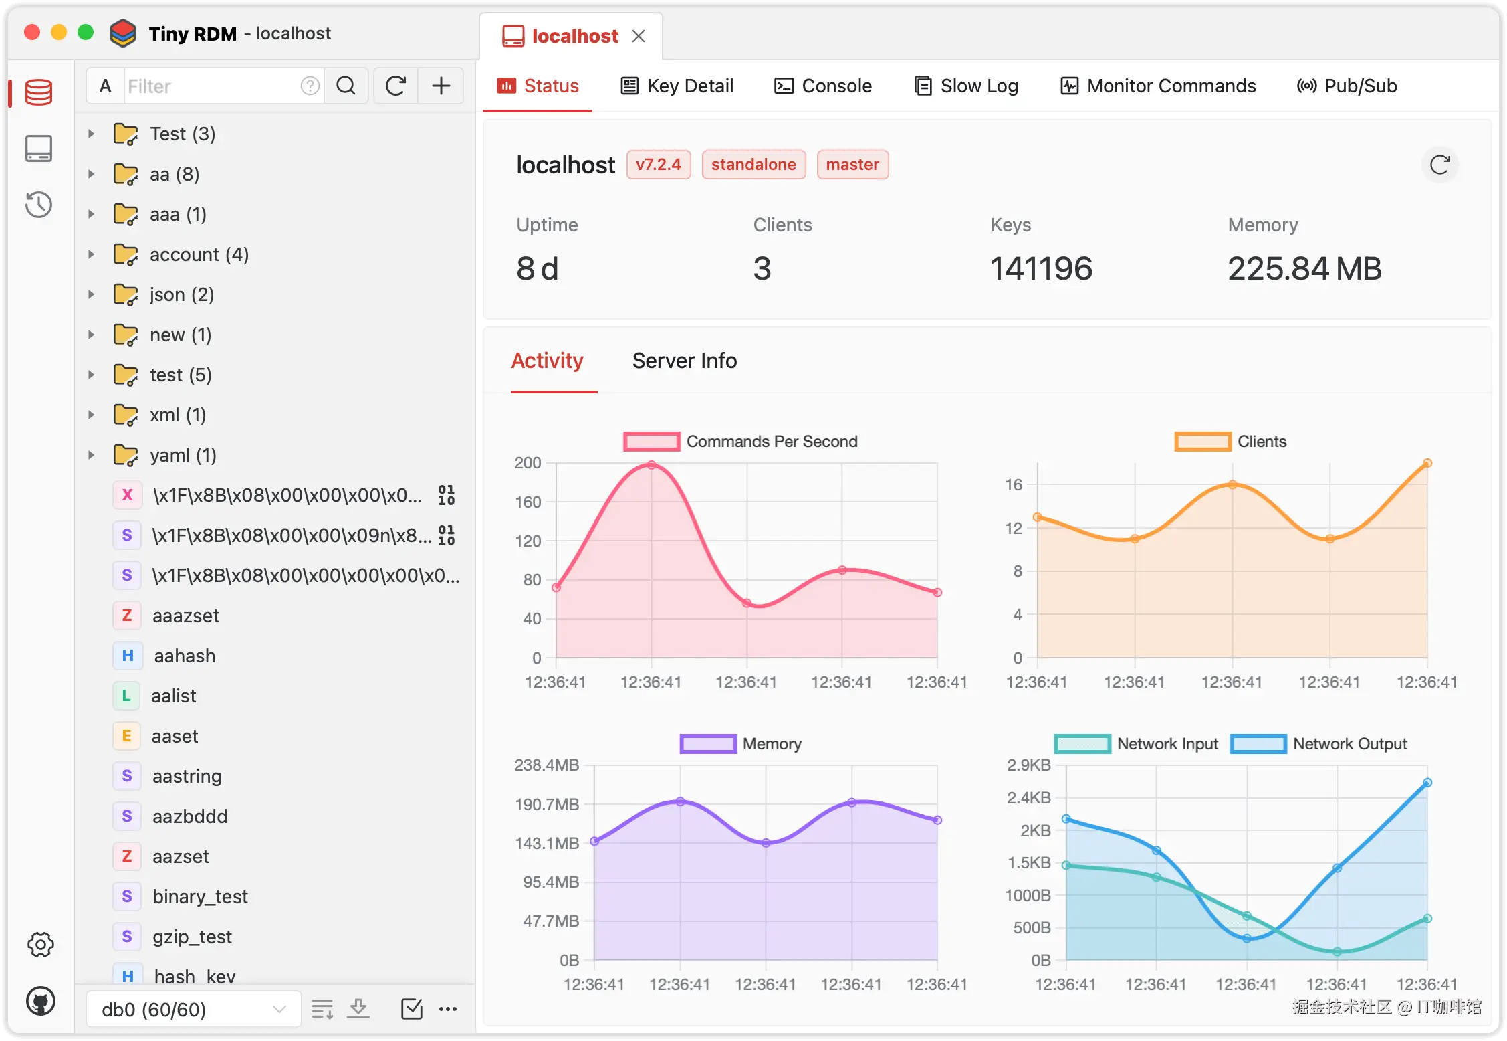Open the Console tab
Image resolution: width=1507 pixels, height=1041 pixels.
coord(823,86)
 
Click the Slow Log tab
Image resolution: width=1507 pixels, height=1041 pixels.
coord(966,86)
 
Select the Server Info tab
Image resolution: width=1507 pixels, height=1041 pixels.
coord(684,361)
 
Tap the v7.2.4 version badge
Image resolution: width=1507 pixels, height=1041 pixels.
coord(658,165)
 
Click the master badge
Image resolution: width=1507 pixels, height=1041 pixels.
coord(852,165)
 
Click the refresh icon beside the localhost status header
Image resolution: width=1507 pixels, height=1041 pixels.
coord(1439,165)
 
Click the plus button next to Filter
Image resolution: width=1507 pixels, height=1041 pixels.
coord(441,86)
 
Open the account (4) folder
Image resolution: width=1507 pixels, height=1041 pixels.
coord(199,255)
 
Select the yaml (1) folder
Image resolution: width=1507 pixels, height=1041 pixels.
coord(183,456)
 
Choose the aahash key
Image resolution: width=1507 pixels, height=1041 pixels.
coord(185,656)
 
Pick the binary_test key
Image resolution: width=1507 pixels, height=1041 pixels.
coord(200,897)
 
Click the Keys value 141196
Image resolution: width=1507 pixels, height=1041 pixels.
coord(1041,269)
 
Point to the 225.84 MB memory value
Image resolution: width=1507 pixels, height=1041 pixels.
coord(1304,269)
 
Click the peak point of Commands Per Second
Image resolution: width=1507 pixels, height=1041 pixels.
coord(651,465)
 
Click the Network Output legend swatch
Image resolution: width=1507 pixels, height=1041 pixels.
coord(1258,744)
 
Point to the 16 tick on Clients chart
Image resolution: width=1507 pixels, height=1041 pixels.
coord(1014,485)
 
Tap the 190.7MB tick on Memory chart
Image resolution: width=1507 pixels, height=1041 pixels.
coord(547,804)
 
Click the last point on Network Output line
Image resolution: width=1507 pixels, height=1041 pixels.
coord(1427,783)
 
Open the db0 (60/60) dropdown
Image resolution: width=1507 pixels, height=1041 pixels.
coord(193,1009)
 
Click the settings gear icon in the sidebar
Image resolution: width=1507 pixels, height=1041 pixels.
coord(40,945)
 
